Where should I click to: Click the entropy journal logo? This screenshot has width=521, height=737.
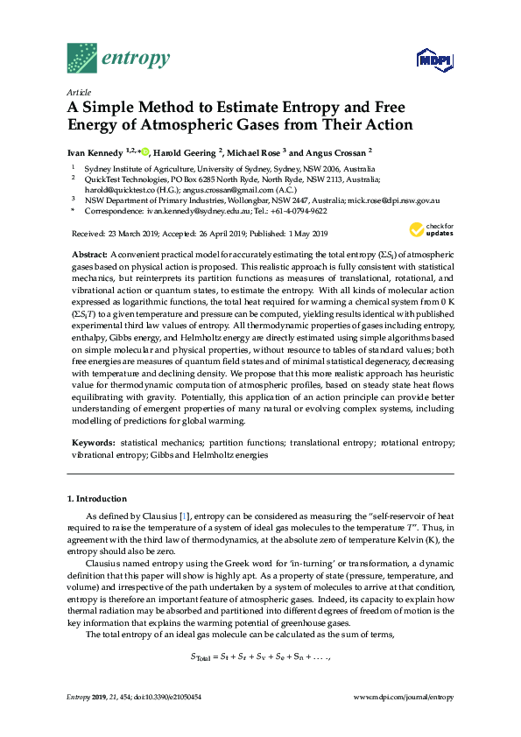tap(117, 58)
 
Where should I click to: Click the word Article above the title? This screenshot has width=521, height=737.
tap(79, 91)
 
